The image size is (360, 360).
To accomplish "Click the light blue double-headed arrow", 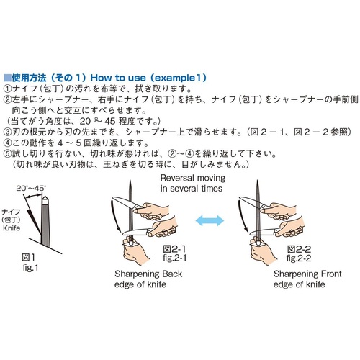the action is [x=210, y=220].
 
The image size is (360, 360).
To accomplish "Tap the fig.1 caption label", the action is [x=30, y=267].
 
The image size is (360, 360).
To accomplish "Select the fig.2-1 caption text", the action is [x=175, y=258].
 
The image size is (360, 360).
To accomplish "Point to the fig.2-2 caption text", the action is [x=299, y=258].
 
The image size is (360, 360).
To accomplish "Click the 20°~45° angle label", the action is [x=31, y=188].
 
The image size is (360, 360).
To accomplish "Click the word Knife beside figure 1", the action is [x=12, y=228].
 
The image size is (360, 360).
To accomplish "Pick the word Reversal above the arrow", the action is [x=177, y=178].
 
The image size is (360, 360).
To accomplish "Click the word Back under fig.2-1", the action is [x=172, y=274].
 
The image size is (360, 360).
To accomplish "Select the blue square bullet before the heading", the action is [x=7, y=78].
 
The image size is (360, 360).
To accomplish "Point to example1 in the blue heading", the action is [x=177, y=78].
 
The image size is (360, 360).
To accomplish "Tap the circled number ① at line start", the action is [x=7, y=89].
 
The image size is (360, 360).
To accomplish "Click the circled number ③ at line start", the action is [x=7, y=132].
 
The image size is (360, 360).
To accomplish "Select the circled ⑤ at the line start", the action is [x=7, y=153].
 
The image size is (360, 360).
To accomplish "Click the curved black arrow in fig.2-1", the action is [x=114, y=217].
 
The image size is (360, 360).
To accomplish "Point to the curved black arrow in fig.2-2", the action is [x=242, y=217].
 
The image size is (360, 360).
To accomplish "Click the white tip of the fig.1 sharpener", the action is [x=45, y=200].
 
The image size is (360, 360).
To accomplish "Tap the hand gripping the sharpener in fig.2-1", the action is [x=134, y=251].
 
